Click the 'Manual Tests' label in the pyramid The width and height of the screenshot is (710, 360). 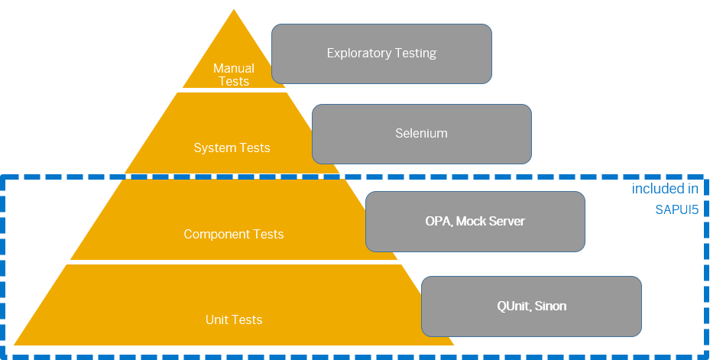[x=233, y=75]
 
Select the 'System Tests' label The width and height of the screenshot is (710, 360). [x=232, y=148]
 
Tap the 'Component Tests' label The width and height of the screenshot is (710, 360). [x=233, y=234]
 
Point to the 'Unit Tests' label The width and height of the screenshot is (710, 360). [x=233, y=319]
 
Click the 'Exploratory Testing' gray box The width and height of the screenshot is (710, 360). [x=381, y=54]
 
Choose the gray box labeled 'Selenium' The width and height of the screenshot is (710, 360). [x=421, y=133]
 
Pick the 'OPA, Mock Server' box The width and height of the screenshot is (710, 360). [x=475, y=221]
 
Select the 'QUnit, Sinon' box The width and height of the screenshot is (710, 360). [x=531, y=306]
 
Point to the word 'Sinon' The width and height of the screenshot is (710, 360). [x=550, y=306]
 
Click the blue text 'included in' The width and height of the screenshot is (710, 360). [x=665, y=189]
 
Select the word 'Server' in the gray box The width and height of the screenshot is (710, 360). [x=506, y=221]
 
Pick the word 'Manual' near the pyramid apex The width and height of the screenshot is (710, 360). [x=233, y=68]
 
